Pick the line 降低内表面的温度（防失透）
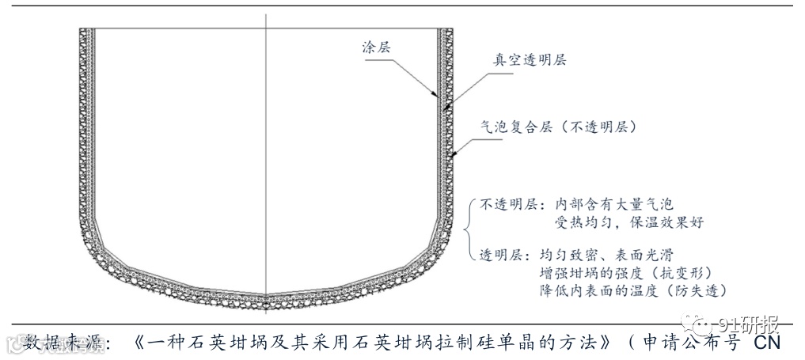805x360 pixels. click(632, 290)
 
